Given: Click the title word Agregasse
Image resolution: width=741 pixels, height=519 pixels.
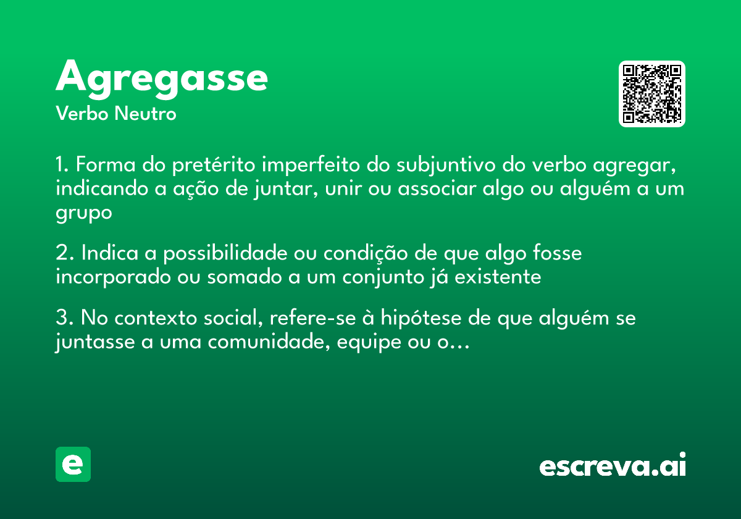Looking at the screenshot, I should tap(162, 78).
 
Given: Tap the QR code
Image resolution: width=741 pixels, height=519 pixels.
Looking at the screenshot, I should tap(652, 94).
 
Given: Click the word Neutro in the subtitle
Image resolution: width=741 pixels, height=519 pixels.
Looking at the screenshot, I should tap(145, 114).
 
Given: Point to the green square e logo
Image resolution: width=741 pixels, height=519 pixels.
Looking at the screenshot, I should tap(73, 464).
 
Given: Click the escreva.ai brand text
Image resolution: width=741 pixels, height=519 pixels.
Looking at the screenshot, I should tap(613, 466).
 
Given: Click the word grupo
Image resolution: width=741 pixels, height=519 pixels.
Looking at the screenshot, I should tap(84, 213).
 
